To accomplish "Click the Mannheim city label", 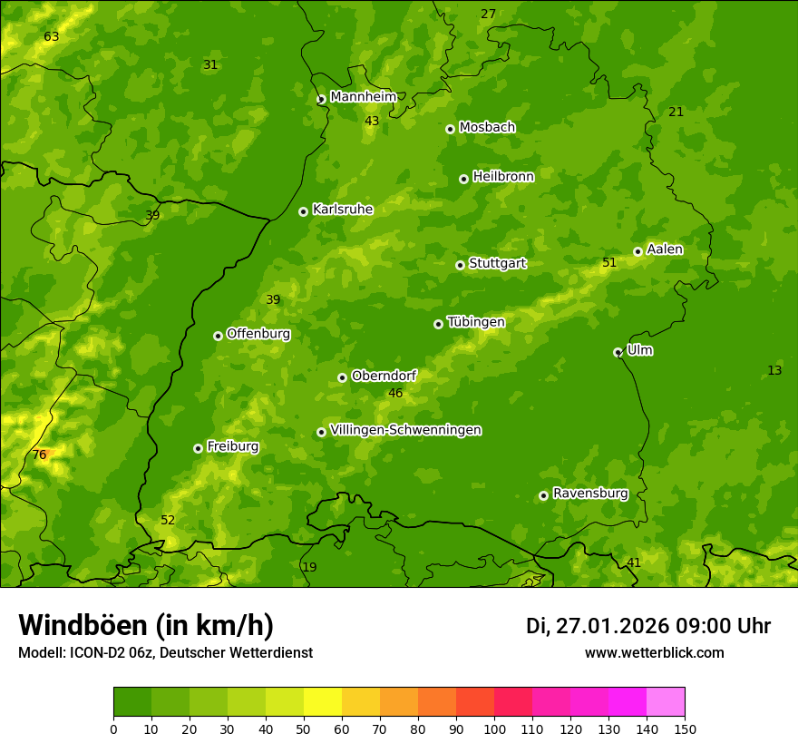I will click(x=363, y=97).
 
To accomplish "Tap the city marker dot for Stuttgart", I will click(x=460, y=265).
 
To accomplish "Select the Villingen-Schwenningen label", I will click(x=405, y=430).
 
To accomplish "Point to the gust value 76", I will click(x=39, y=455).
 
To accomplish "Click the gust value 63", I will click(x=51, y=37).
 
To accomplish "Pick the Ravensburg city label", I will click(x=590, y=494).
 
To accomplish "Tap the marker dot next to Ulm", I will click(x=618, y=352).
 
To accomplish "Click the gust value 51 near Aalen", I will click(x=609, y=263).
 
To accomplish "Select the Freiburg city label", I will click(x=232, y=446).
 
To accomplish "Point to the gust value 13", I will click(x=774, y=371).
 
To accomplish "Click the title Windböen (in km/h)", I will click(x=146, y=625).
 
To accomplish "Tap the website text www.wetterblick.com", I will click(x=654, y=652).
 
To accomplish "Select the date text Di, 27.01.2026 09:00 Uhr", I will click(x=648, y=626).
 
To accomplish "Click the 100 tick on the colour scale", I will click(x=494, y=729).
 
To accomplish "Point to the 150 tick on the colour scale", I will click(x=685, y=729).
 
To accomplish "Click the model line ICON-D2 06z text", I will click(x=165, y=652).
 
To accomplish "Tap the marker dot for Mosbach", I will click(x=450, y=129).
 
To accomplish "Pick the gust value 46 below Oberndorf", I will click(x=395, y=394).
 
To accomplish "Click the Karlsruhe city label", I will click(x=342, y=210).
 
